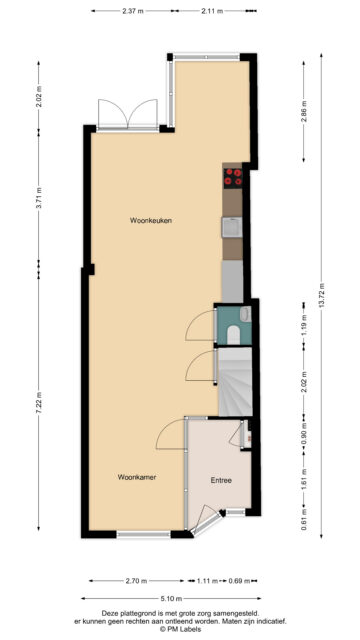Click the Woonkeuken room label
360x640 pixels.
point(151,220)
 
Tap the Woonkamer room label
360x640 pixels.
point(137,477)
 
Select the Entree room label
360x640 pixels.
point(221,480)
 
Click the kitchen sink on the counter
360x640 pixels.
point(232,227)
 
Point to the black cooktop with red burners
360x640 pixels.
point(233,178)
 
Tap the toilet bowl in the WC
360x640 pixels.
point(233,335)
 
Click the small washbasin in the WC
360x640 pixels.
point(246,314)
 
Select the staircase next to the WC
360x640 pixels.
point(235,382)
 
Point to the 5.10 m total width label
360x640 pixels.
point(171,598)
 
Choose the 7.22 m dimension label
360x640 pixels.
point(39,402)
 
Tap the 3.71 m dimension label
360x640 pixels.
point(39,198)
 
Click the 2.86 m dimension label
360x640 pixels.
point(304,112)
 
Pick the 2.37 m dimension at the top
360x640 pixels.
point(133,11)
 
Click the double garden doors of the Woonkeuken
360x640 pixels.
point(128,115)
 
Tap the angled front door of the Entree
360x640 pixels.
point(208,521)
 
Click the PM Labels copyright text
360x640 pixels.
point(180,629)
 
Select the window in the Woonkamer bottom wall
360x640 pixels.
point(143,534)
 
